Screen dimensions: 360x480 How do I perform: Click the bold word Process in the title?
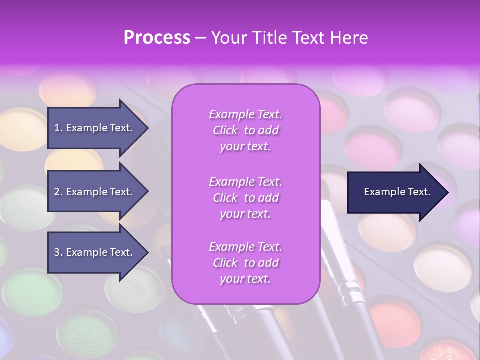pos(157,38)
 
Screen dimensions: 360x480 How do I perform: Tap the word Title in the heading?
pos(271,38)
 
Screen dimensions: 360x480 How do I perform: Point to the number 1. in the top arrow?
pos(58,128)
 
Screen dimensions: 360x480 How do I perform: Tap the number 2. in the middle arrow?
pos(58,192)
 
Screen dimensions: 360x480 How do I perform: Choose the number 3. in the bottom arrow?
pos(58,252)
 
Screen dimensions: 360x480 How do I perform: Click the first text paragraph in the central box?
pos(245,130)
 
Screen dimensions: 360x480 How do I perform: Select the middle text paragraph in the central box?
pos(245,198)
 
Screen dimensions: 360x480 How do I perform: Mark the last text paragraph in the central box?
pos(245,263)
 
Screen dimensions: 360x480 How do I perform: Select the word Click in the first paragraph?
pos(225,130)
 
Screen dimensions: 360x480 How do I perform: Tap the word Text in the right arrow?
pos(419,192)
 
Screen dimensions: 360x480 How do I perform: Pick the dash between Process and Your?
pos(200,38)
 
